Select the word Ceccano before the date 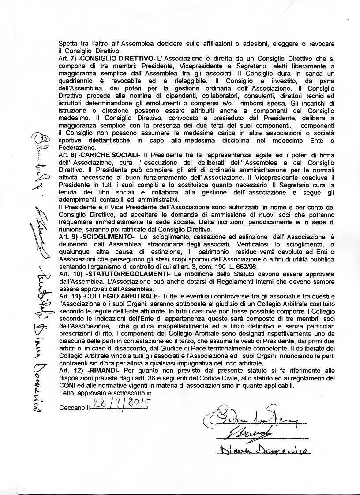pos(72,408)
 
